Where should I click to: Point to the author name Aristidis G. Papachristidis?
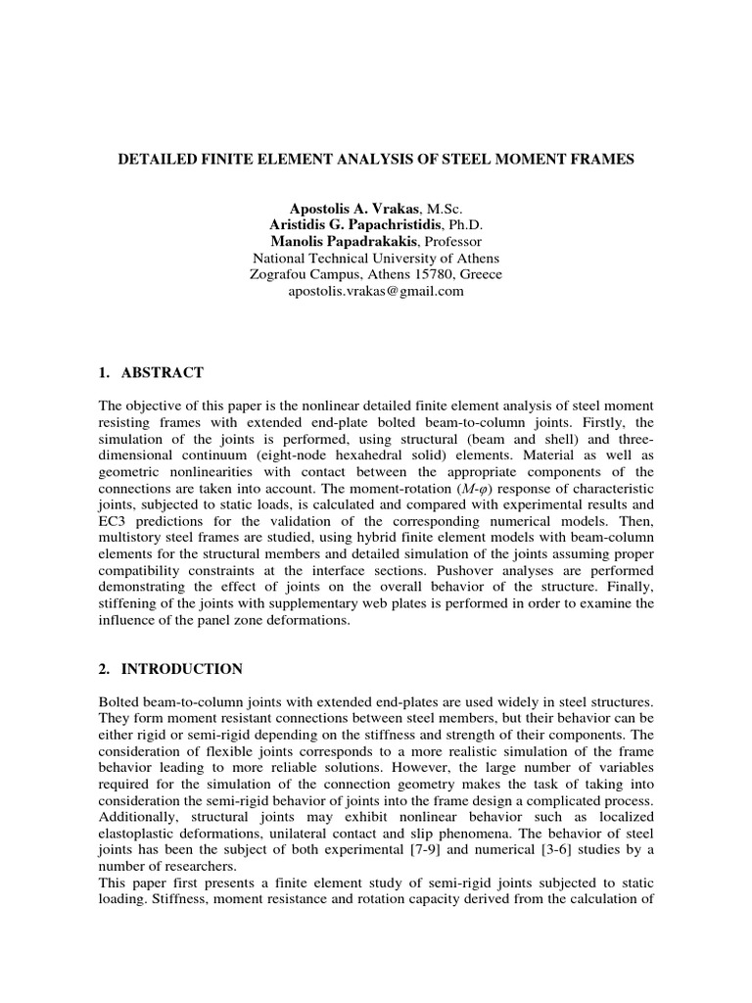coord(351,225)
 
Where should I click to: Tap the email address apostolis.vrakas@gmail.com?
coord(376,291)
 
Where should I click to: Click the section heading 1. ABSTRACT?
coord(153,372)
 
